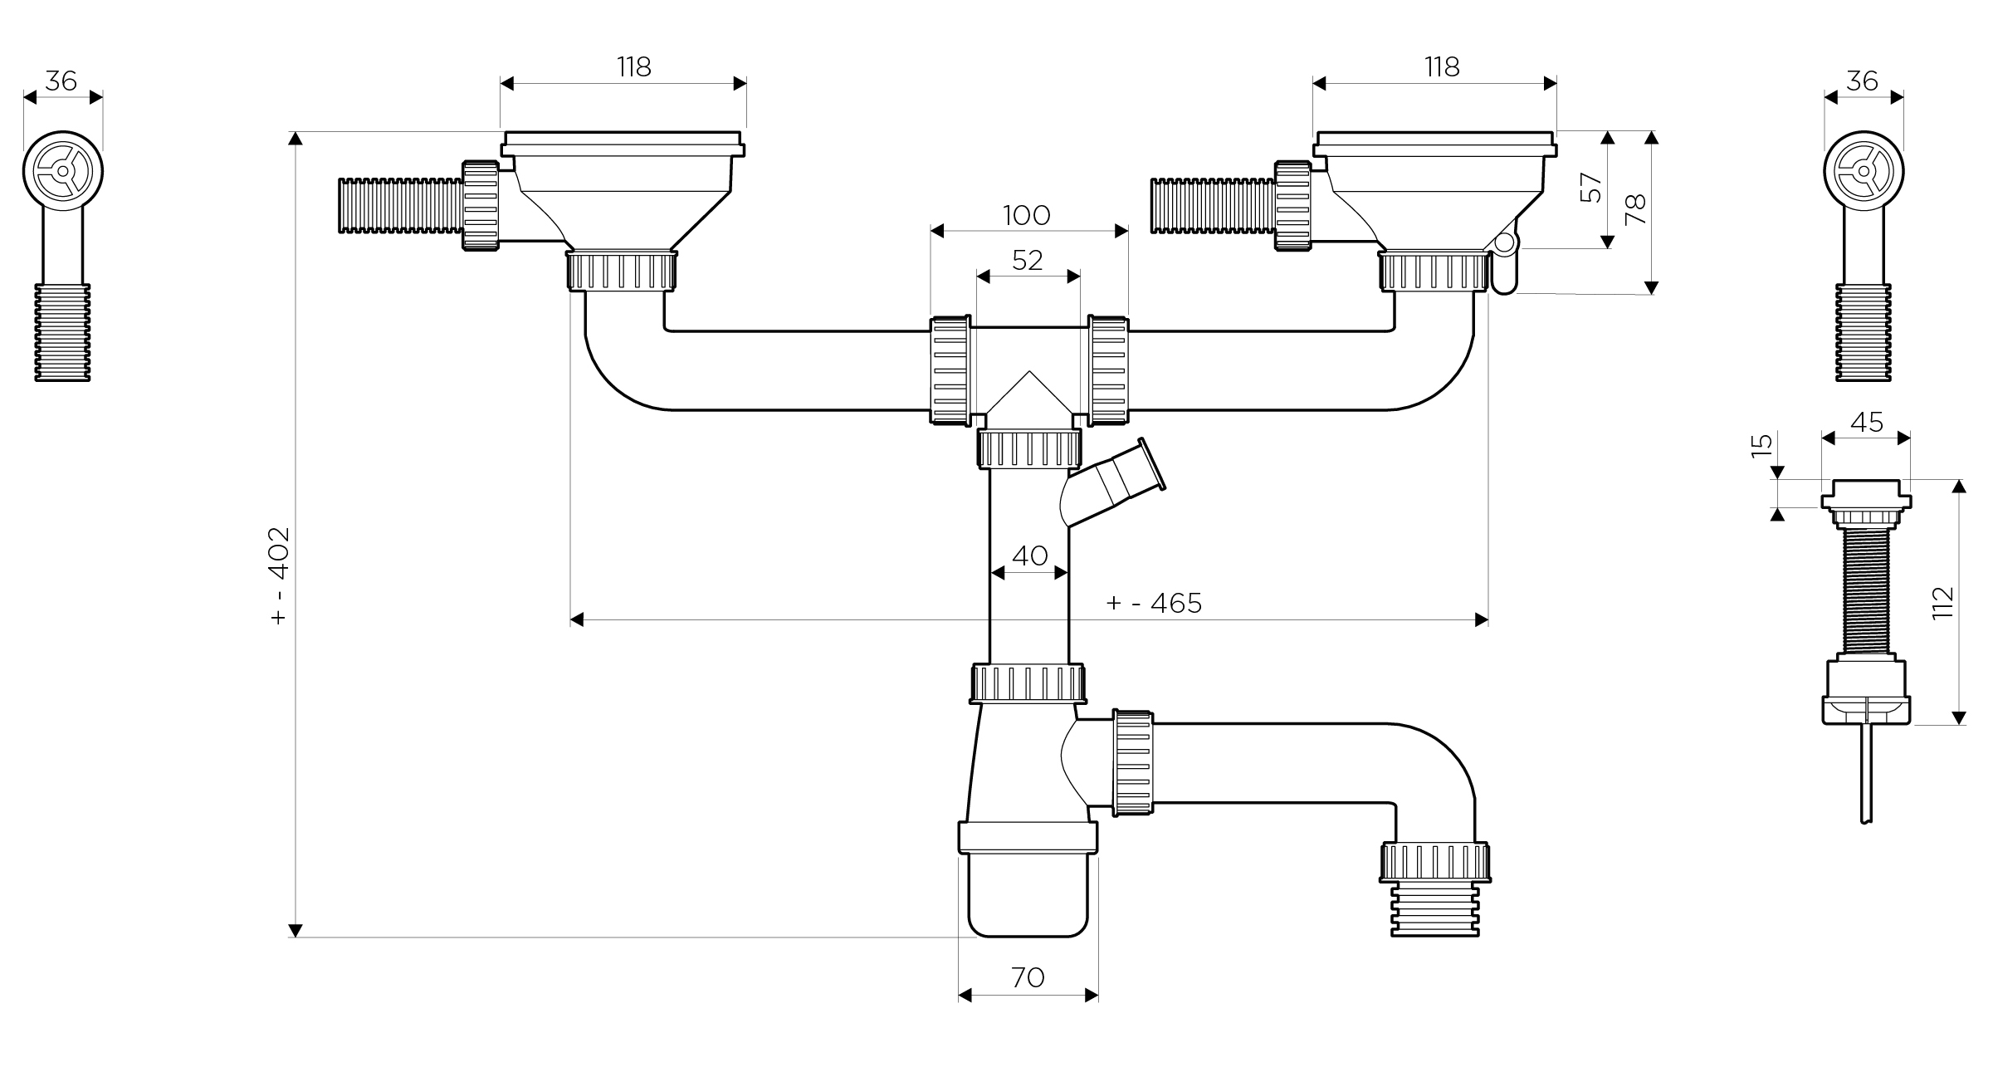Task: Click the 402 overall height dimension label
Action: [x=280, y=575]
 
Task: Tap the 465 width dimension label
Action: [x=1154, y=603]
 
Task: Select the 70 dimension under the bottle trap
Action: [x=1028, y=978]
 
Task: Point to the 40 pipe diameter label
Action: [x=1029, y=556]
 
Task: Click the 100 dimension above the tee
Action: [x=1027, y=216]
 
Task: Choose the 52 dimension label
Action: [x=1028, y=261]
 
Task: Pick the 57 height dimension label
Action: [x=1590, y=187]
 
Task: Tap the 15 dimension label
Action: [x=1761, y=445]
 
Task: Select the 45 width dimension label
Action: [x=1867, y=423]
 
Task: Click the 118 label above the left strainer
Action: [x=633, y=67]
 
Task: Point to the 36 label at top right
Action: [x=1863, y=81]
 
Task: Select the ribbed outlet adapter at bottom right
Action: [x=1435, y=910]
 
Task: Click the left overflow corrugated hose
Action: [x=400, y=206]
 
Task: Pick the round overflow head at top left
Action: [x=63, y=171]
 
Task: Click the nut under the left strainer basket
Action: [x=621, y=271]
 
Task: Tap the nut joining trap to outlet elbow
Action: [x=1133, y=762]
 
